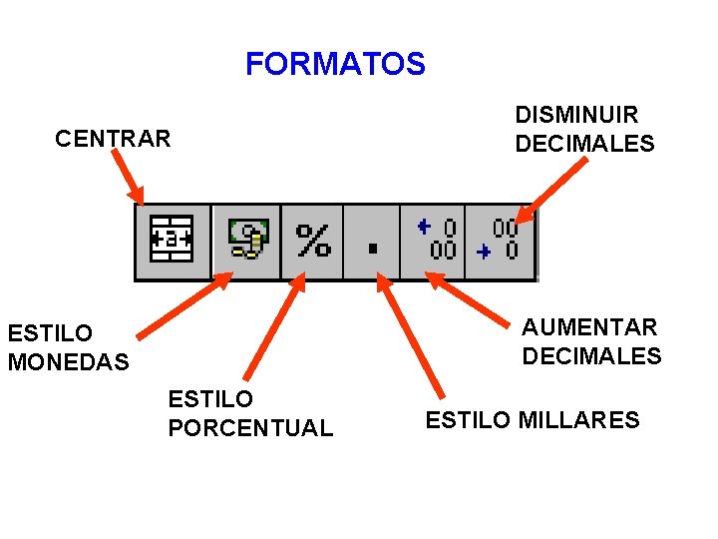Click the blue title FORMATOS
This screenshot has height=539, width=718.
(335, 65)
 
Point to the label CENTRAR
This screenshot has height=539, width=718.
(113, 139)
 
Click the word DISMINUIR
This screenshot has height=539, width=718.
(576, 116)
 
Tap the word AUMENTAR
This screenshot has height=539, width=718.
(589, 327)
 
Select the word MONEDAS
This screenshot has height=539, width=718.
(68, 362)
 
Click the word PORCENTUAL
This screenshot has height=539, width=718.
(250, 428)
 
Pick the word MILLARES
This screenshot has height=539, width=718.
(579, 420)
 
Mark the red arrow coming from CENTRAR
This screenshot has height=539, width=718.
(128, 180)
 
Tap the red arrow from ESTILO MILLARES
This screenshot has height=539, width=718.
(408, 335)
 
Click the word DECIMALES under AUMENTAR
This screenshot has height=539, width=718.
(591, 356)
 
